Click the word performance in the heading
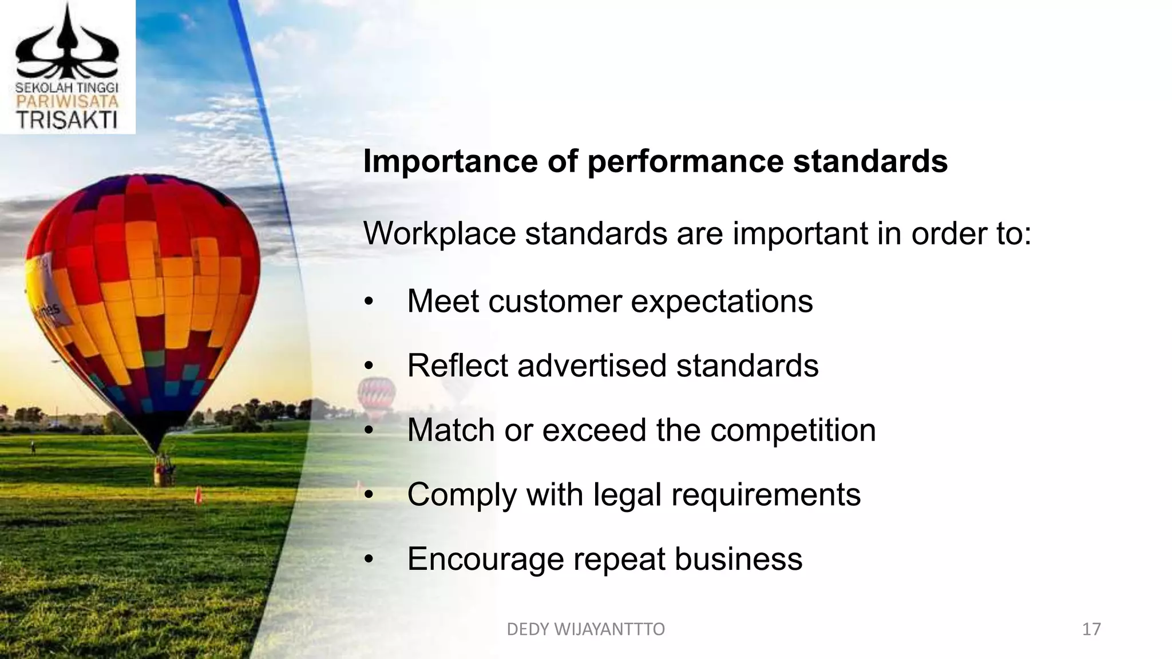click(x=685, y=162)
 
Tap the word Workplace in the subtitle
click(x=439, y=233)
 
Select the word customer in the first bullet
click(x=555, y=301)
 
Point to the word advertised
click(x=592, y=366)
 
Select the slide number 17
click(x=1091, y=629)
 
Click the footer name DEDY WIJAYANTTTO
click(x=586, y=629)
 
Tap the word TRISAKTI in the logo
click(x=67, y=120)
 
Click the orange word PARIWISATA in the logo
click(x=67, y=102)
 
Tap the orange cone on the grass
click(x=198, y=494)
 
